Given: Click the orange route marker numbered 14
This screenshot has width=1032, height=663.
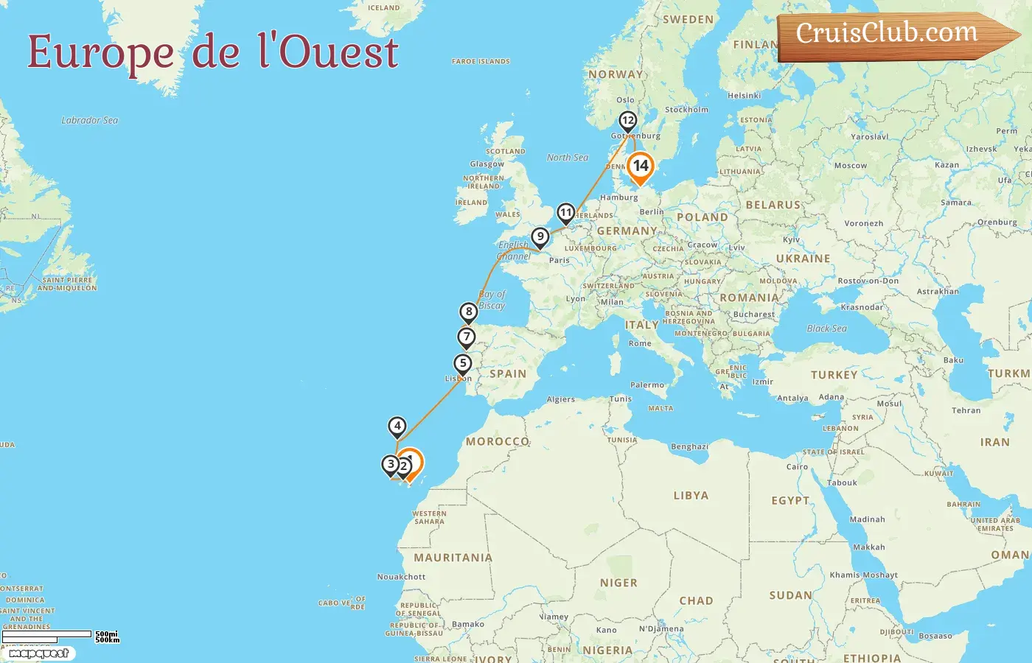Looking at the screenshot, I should tap(641, 166).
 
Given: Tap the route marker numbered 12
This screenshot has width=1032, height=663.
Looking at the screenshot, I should tap(627, 121).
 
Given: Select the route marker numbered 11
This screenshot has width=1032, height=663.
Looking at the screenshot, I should tap(565, 213).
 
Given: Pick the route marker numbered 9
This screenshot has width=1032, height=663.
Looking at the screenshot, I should tap(540, 237).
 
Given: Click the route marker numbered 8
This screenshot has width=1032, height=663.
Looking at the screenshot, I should tap(469, 312).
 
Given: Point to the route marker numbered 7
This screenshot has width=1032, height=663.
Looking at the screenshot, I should tap(466, 337).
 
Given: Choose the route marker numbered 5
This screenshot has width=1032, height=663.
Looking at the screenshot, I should tap(463, 363).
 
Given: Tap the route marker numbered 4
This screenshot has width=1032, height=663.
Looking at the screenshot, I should tap(397, 426).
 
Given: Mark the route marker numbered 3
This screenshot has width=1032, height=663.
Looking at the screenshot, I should tap(390, 465).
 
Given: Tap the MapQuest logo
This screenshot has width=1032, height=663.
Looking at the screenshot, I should tap(39, 653).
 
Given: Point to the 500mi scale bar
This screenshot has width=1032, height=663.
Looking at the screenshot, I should tap(47, 634).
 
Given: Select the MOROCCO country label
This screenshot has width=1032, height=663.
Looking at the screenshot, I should tap(498, 441).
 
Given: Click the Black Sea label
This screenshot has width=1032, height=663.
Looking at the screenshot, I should tap(826, 329).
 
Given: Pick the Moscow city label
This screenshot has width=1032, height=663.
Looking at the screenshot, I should tap(851, 166).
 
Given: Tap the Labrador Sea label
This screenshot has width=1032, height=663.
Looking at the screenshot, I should tap(90, 120).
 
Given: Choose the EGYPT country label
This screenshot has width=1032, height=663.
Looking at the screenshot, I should tap(790, 501).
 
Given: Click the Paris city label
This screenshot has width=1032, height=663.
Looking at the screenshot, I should tap(559, 260).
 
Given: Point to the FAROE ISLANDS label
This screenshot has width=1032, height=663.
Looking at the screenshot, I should tap(481, 62).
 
